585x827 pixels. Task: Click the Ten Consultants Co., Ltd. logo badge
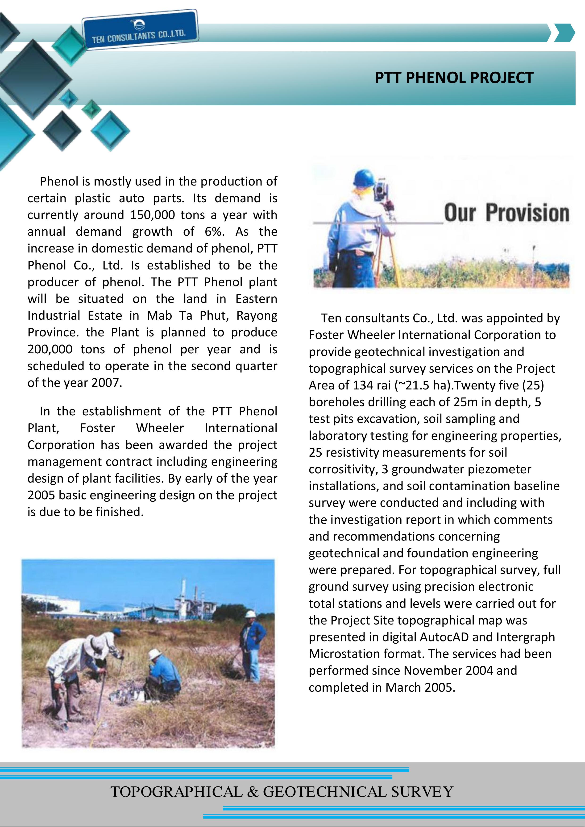[140, 29]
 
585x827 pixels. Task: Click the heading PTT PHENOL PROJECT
[454, 78]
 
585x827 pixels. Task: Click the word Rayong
[257, 315]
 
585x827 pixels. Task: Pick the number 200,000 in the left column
[50, 349]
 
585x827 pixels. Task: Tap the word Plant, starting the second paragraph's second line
[43, 428]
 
